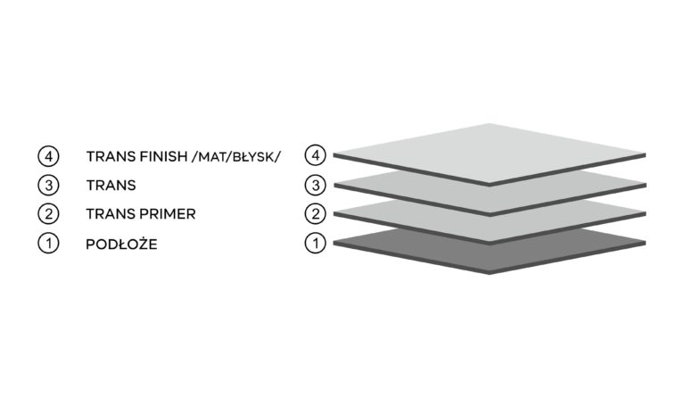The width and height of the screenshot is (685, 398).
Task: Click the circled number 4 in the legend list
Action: pos(48,156)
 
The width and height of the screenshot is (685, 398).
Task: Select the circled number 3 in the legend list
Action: pos(48,186)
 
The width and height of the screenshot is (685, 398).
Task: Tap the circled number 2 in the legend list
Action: pos(48,214)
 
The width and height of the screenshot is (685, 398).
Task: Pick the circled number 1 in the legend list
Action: pos(48,244)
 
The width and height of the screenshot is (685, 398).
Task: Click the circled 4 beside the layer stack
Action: pos(316,155)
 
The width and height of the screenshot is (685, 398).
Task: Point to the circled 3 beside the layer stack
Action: pos(316,186)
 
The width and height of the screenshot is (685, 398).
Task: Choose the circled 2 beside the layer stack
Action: pos(316,214)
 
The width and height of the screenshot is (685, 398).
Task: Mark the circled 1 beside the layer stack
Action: pos(316,243)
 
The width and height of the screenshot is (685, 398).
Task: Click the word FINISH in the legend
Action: pos(161,156)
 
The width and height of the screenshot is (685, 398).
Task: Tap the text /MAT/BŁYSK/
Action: pos(236,156)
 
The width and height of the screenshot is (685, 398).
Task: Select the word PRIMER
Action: pos(168,214)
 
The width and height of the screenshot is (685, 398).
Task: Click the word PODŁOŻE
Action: pos(121,244)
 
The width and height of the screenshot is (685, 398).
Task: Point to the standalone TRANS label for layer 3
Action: pos(111,186)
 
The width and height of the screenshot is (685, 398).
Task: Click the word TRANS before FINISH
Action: pos(111,156)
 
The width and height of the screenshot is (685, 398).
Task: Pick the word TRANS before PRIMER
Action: pos(111,214)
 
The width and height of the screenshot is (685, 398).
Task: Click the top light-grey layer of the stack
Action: pos(490,153)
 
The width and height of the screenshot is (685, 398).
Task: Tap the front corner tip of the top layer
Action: pos(490,186)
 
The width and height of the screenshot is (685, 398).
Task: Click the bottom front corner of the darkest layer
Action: pos(490,273)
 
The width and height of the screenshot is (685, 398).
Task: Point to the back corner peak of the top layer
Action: pos(490,124)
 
